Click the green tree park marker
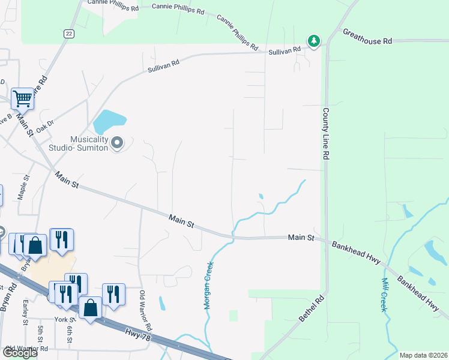313,41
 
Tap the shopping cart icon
22,98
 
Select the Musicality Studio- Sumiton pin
117,143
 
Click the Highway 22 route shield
70,34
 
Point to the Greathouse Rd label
367,37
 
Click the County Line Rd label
328,133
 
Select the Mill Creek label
384,294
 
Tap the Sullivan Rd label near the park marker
284,50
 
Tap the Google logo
20,353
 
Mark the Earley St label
25,313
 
